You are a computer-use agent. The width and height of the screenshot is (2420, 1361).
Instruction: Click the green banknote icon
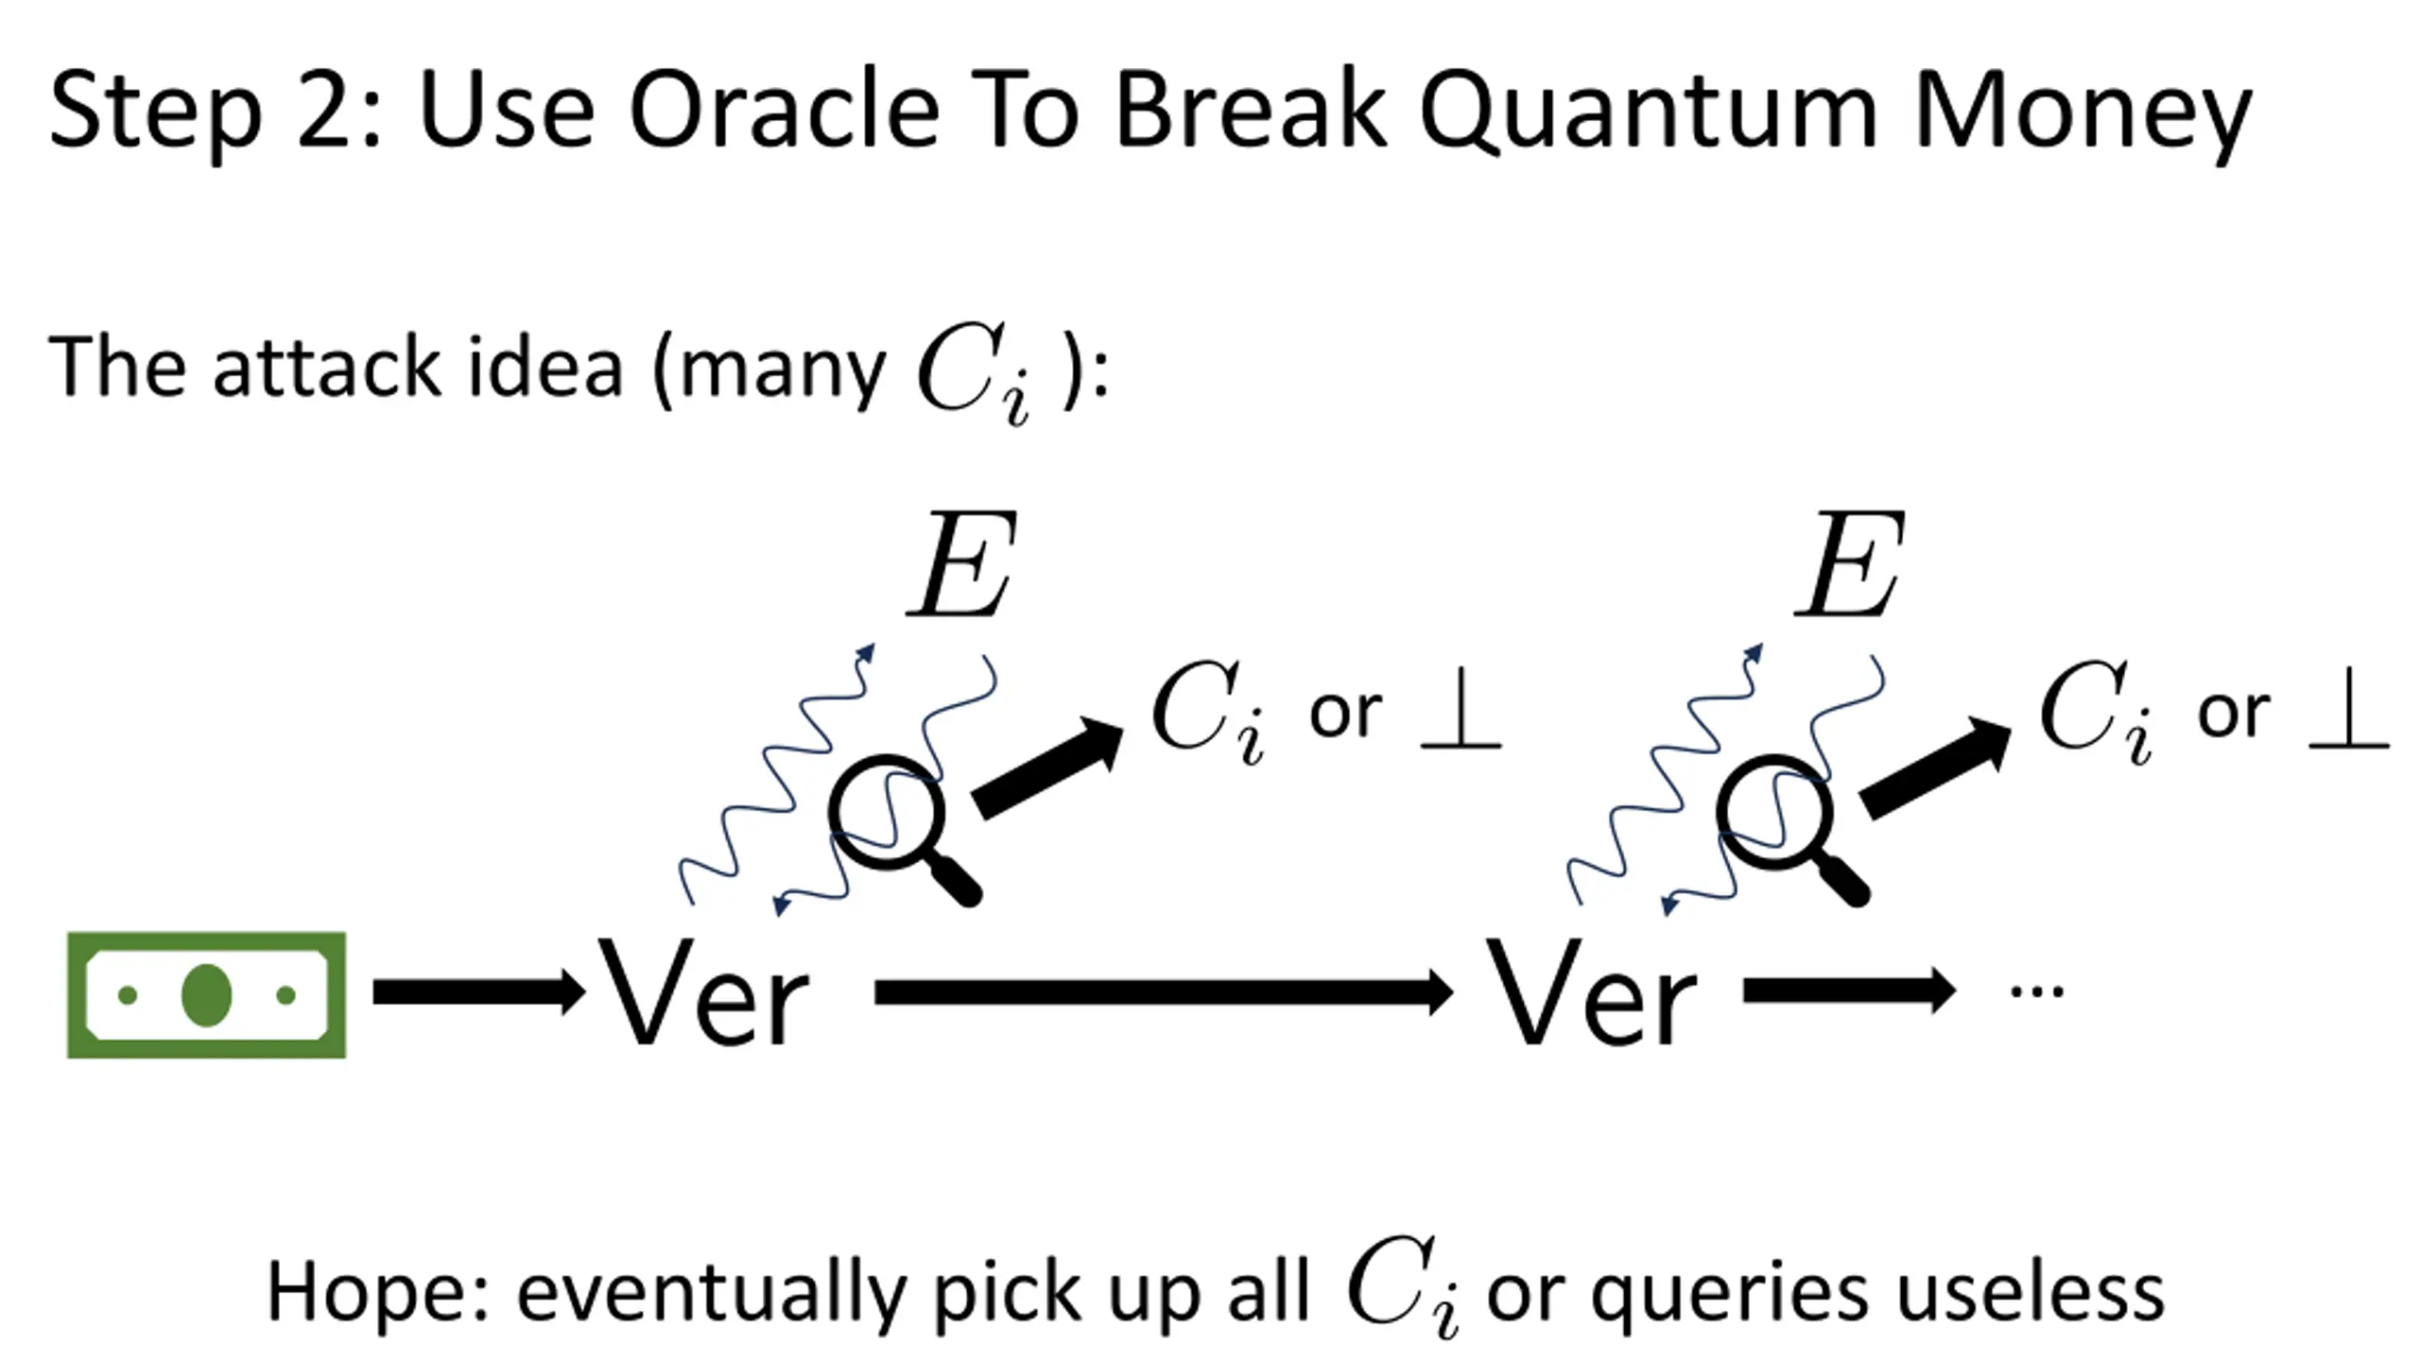[x=206, y=994]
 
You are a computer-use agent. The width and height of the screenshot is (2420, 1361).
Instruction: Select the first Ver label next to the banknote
[x=705, y=994]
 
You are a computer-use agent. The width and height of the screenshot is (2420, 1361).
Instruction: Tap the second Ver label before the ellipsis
[x=1592, y=994]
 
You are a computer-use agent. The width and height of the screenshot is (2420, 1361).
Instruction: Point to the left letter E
[x=962, y=565]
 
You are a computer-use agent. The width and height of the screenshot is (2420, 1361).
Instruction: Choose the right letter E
[x=1850, y=565]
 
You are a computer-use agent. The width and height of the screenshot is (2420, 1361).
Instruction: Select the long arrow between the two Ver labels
[x=1163, y=992]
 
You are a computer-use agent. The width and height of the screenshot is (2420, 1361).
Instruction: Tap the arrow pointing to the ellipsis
[x=1849, y=991]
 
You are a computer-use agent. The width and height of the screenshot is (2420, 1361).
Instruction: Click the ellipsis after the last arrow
[x=2037, y=991]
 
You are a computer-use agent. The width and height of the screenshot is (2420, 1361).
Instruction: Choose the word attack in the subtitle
[x=327, y=367]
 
